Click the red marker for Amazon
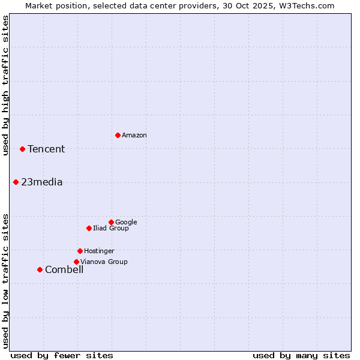coord(118,135)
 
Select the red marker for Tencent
coord(22,149)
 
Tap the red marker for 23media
coord(16,182)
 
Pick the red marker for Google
coord(111,222)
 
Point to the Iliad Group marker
coord(89,228)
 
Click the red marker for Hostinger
coord(80,251)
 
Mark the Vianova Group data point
coord(76,262)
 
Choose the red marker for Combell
coord(40,269)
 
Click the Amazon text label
coord(134,136)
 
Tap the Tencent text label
coord(46,149)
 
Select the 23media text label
coord(41,182)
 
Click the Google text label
coord(126,223)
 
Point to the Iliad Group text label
coord(111,229)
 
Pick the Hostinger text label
coord(99,251)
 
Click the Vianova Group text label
coord(104,262)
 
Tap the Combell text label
coord(64,270)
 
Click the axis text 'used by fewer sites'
coord(62,355)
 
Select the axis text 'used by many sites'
coord(301,355)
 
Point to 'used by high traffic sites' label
coord(5,85)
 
